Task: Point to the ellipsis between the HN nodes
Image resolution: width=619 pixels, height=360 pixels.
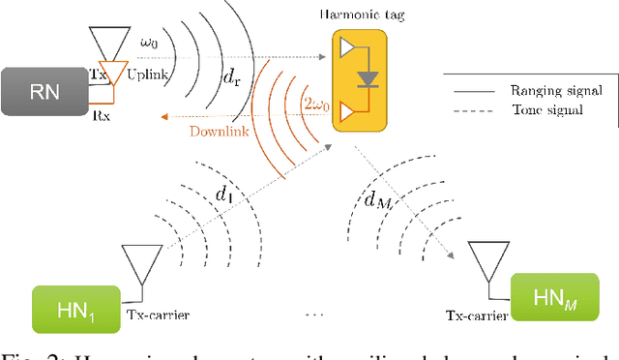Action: click(310, 316)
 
